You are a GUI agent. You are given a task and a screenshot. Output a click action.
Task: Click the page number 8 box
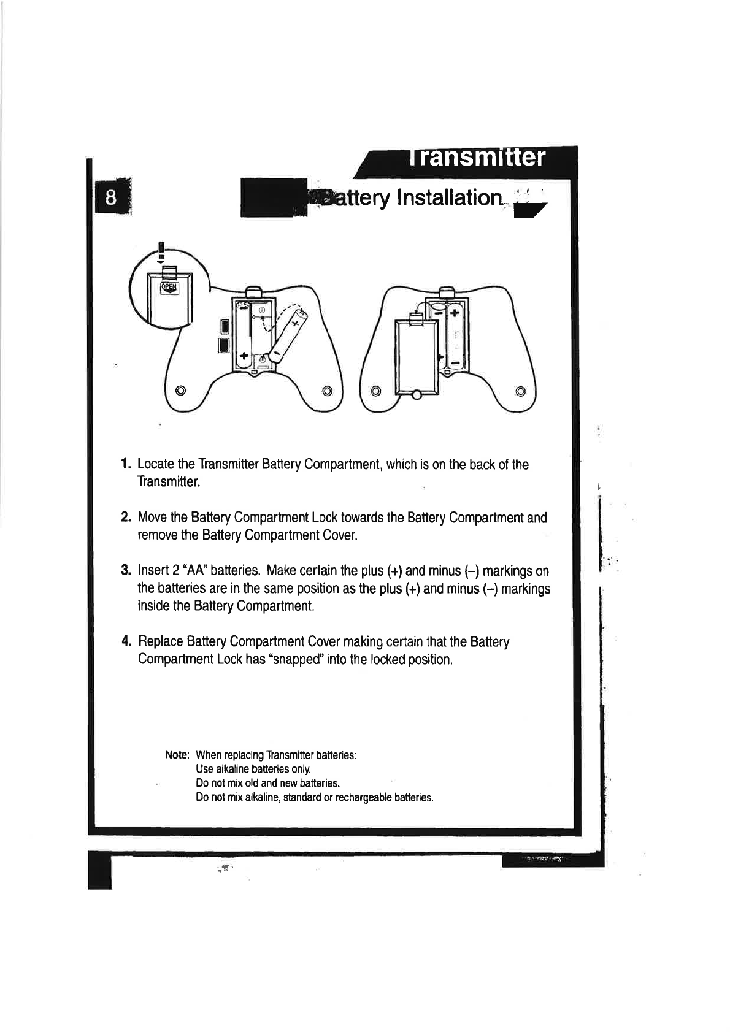click(x=111, y=198)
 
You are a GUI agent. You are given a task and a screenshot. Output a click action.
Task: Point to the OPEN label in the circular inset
click(x=169, y=288)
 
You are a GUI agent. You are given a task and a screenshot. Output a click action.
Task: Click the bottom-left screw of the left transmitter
click(x=180, y=391)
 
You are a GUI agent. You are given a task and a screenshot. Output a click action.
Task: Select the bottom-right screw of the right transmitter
click(x=521, y=391)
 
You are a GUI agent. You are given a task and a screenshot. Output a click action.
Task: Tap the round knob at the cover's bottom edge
click(x=416, y=396)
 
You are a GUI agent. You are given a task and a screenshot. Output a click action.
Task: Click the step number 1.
click(x=125, y=464)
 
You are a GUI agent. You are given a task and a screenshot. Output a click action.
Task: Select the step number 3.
click(x=125, y=571)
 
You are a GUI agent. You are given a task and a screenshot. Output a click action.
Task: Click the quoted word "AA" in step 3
click(x=192, y=571)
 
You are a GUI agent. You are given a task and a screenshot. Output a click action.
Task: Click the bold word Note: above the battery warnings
click(x=177, y=755)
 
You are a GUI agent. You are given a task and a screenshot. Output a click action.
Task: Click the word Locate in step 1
click(x=157, y=464)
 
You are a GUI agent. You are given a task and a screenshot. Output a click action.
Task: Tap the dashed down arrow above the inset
click(x=161, y=253)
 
